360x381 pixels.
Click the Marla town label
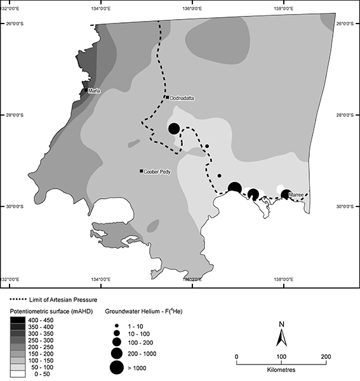(95, 91)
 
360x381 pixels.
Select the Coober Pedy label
(156, 171)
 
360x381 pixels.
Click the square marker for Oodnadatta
(167, 97)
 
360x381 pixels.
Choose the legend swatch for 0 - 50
(20, 375)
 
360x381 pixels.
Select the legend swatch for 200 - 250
(20, 348)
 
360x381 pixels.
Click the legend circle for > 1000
(117, 366)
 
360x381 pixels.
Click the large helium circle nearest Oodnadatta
(174, 128)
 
